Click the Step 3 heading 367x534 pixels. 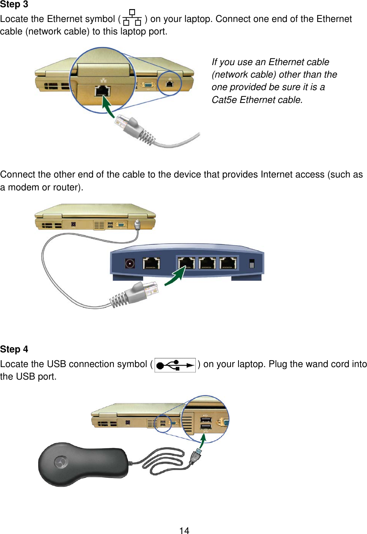[x=14, y=4]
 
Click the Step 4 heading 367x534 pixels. [x=14, y=349]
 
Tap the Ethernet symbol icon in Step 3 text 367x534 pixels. [x=132, y=18]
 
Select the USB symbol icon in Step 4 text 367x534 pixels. [x=175, y=365]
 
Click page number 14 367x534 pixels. [x=184, y=531]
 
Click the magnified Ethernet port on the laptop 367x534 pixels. [x=102, y=91]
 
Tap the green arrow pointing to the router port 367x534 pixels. [x=175, y=276]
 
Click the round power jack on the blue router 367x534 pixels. [x=130, y=263]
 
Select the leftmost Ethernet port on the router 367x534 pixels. [x=151, y=263]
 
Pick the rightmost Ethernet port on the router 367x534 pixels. [x=228, y=263]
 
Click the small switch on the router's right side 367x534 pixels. [x=252, y=263]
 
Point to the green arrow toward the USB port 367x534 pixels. [x=203, y=441]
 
